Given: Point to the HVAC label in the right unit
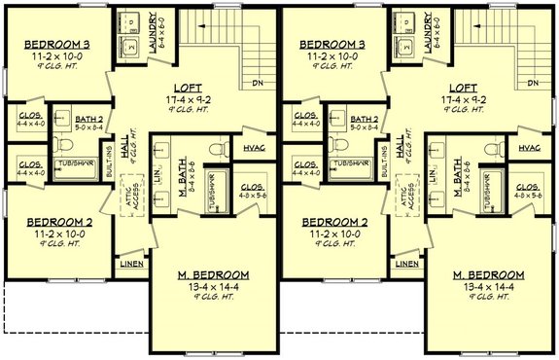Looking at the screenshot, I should click(530, 148).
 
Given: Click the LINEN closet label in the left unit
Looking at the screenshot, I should click(131, 264).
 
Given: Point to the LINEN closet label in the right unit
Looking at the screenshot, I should click(407, 264).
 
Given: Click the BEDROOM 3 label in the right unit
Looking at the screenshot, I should click(328, 45).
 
